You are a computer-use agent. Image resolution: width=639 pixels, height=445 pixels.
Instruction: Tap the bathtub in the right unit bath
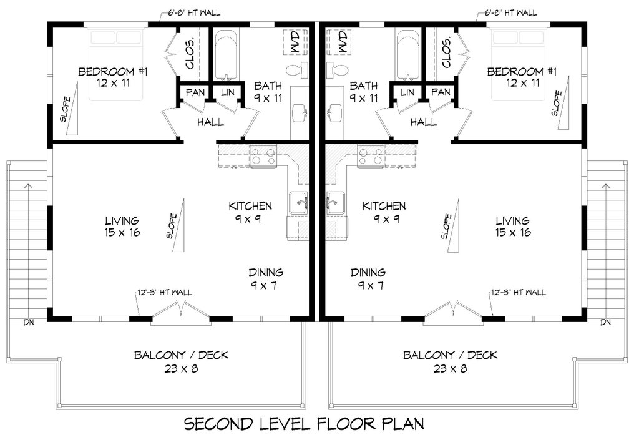tap(408, 54)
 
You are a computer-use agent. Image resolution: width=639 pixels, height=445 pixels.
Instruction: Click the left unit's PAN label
tap(195, 93)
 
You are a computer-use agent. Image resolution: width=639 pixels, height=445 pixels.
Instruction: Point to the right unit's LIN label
tap(407, 93)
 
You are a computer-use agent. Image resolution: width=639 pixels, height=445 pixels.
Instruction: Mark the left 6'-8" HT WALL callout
tap(194, 12)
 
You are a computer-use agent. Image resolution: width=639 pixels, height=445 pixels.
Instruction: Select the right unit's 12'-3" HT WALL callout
tap(518, 292)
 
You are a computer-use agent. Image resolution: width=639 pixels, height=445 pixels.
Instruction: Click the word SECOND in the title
tap(218, 424)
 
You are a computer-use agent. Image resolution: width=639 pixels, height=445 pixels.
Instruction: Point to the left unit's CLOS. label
tap(190, 54)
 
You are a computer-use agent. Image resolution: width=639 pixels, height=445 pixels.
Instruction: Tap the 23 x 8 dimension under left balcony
tap(182, 369)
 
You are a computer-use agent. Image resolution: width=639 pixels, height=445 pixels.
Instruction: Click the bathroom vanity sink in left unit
tap(300, 112)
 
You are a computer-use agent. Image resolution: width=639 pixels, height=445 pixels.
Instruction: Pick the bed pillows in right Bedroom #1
tap(519, 37)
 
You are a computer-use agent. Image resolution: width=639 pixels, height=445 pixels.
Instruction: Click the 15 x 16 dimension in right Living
tap(513, 232)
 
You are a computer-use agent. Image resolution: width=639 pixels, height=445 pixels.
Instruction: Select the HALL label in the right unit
tap(424, 122)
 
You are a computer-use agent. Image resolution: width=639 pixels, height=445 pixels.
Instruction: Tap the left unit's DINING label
tap(266, 272)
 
